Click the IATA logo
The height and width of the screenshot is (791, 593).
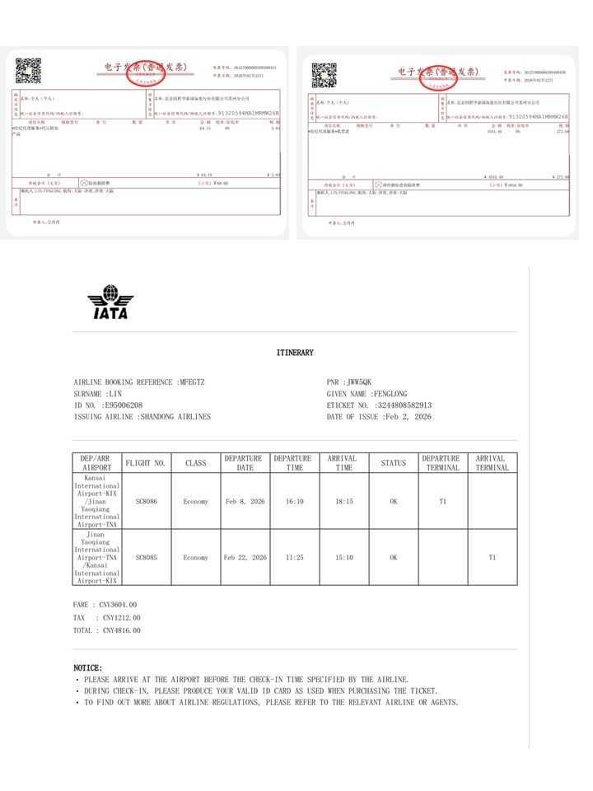[110, 302]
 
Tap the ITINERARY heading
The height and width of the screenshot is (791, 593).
[295, 353]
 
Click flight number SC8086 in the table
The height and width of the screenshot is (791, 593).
[146, 501]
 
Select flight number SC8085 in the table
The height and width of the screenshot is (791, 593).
[146, 558]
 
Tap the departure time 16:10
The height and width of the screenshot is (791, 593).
[294, 501]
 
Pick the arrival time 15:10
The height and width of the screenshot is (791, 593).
[342, 558]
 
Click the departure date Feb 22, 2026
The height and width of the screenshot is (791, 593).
[245, 558]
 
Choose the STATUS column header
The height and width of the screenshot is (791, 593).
[393, 463]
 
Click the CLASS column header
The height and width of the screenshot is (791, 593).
[195, 463]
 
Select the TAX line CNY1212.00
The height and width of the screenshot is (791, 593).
[121, 617]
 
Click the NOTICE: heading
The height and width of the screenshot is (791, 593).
[88, 667]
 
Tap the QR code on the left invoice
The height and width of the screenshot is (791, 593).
[28, 71]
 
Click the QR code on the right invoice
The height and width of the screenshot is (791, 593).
[324, 74]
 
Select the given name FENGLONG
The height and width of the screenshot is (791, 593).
[385, 394]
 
